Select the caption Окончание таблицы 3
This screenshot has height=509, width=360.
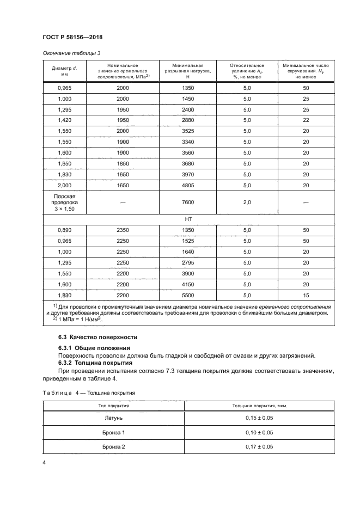(x=71, y=53)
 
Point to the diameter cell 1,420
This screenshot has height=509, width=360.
(x=64, y=120)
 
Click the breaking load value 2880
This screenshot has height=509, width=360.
(x=187, y=120)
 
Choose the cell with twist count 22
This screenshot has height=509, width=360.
(x=306, y=120)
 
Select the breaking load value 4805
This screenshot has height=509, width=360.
(x=187, y=185)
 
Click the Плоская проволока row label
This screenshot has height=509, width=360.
(x=64, y=202)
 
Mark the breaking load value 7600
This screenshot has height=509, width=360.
(x=187, y=202)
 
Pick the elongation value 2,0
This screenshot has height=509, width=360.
(x=247, y=202)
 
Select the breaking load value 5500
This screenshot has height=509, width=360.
(x=187, y=295)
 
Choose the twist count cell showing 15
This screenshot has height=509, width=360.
(x=306, y=295)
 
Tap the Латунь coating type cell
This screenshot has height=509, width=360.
(x=114, y=418)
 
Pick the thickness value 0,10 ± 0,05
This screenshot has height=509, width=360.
(x=259, y=433)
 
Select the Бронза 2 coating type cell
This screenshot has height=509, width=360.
(x=114, y=447)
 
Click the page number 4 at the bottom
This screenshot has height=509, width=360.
(x=44, y=462)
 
